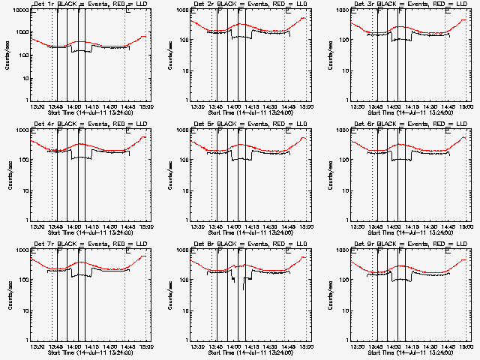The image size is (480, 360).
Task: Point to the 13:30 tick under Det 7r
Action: (36, 346)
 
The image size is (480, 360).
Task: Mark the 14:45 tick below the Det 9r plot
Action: (448, 346)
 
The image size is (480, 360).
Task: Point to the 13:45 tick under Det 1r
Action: (55, 106)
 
